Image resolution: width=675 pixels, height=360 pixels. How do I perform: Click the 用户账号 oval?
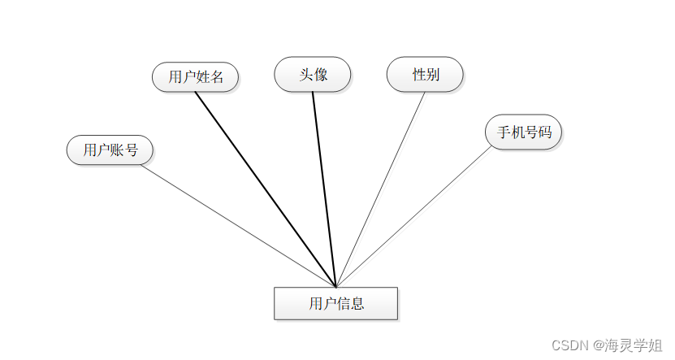[110, 150]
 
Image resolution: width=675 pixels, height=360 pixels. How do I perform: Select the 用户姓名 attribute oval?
[196, 77]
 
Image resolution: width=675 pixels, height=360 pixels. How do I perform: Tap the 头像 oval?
[313, 75]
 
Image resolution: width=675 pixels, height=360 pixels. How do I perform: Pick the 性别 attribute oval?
[426, 75]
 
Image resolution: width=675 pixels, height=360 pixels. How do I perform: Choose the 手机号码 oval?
[524, 132]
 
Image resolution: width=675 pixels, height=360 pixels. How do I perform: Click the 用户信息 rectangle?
[335, 304]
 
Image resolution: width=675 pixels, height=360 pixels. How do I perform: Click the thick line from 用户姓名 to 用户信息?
[264, 188]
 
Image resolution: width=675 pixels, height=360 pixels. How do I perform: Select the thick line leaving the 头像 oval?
[324, 188]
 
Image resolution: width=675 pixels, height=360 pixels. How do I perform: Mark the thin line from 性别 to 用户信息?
[381, 188]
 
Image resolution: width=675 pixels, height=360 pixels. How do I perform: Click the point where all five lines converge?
[335, 286]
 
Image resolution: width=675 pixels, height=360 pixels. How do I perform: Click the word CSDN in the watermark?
[569, 345]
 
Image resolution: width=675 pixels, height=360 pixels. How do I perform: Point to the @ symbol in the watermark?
[598, 345]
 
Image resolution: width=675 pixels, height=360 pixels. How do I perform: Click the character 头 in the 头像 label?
[306, 75]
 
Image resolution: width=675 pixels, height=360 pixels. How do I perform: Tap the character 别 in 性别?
[433, 75]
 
